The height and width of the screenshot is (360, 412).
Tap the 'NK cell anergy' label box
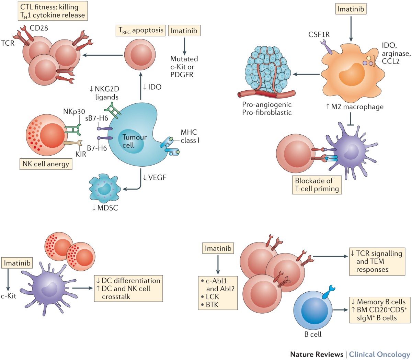tap(46, 164)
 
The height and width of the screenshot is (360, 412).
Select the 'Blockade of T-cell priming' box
tap(317, 184)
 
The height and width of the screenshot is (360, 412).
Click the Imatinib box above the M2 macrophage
tap(351, 9)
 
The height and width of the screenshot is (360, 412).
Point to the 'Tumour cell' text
tap(134, 141)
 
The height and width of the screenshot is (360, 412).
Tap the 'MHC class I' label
tap(190, 136)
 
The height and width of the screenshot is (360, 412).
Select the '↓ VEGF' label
tap(154, 177)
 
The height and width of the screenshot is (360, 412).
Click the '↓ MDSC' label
tap(105, 207)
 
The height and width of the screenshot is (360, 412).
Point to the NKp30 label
tap(74, 112)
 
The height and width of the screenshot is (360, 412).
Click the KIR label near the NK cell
tap(81, 154)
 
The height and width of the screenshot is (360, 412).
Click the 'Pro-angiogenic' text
tap(267, 105)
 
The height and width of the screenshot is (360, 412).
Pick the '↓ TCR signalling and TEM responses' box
tap(376, 261)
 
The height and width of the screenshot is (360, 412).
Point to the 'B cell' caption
tap(313, 334)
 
